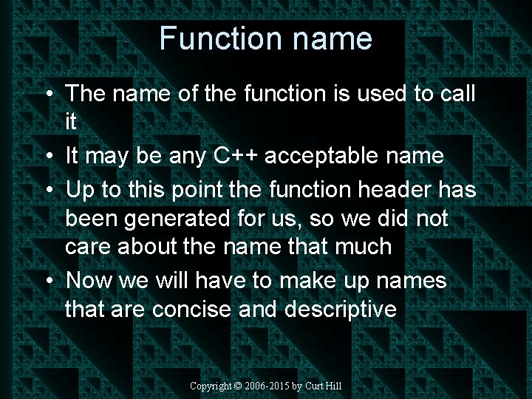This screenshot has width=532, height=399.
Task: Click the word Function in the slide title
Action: click(209, 38)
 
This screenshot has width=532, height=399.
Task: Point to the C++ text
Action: click(236, 156)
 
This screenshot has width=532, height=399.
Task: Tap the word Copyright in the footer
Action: click(211, 386)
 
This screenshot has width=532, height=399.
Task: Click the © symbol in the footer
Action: click(237, 386)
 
